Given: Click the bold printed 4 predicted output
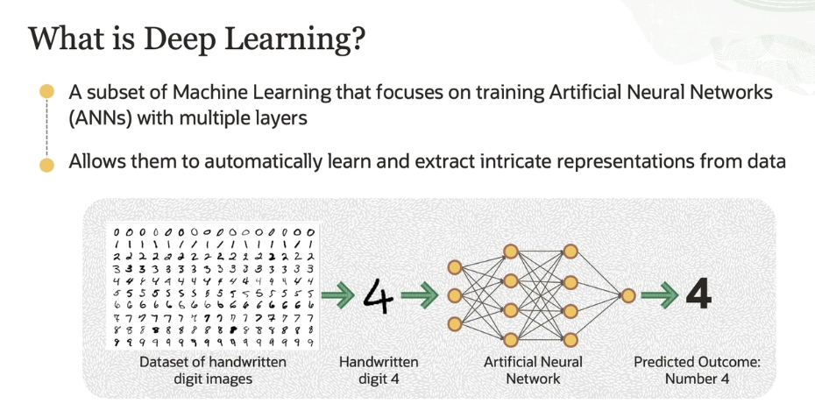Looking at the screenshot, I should click(698, 294).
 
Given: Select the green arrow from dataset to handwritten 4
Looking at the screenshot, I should click(338, 295).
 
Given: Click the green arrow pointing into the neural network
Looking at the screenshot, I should click(423, 295).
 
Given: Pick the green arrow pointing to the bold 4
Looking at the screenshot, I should click(658, 295).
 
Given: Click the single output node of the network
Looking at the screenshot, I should click(628, 295).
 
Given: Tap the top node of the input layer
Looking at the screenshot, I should click(454, 266).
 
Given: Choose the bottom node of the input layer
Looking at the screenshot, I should click(454, 324).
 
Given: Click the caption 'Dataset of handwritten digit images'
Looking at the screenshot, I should click(212, 370).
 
